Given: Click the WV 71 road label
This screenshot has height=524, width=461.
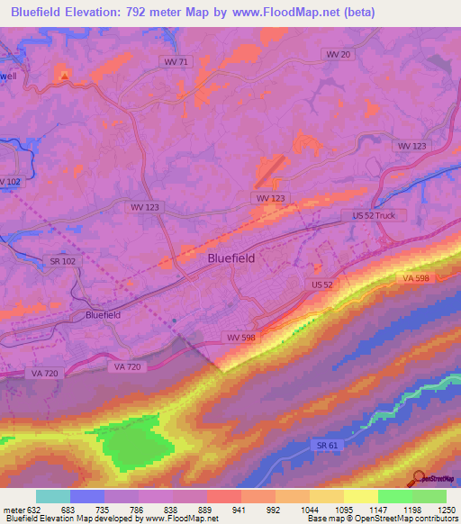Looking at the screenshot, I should tap(176, 61).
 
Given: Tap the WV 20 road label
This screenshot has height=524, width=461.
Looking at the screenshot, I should tap(338, 54).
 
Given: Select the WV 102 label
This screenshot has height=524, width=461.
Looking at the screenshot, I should tap(8, 182).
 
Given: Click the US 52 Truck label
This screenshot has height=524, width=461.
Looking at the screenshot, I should tap(375, 216).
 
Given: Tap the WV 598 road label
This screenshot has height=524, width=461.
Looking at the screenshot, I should tap(236, 337).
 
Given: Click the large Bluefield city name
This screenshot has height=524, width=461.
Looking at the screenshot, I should tap(231, 257).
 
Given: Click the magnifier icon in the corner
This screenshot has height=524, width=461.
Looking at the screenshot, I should tap(418, 478).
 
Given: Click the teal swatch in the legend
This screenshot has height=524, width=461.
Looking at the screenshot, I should tap(53, 496).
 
